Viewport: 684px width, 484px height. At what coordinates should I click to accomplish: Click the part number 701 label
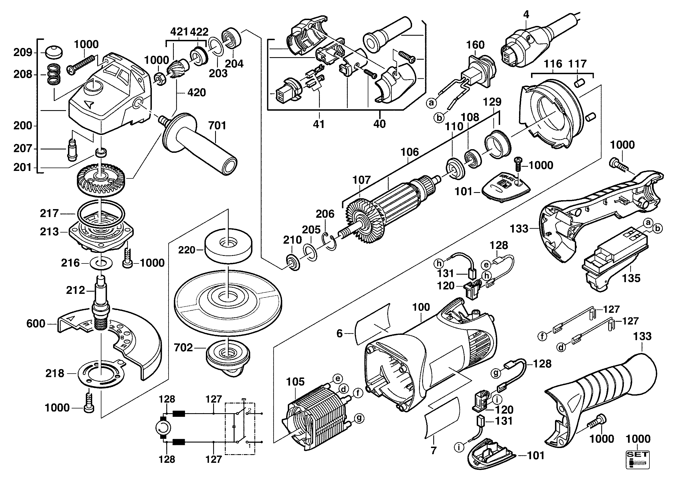point(217,125)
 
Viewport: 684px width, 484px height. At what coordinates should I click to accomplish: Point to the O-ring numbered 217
point(101,214)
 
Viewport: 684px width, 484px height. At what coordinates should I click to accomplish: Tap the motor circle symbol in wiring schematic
point(163,429)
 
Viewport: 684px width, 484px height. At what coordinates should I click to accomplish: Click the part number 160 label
point(475,45)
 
